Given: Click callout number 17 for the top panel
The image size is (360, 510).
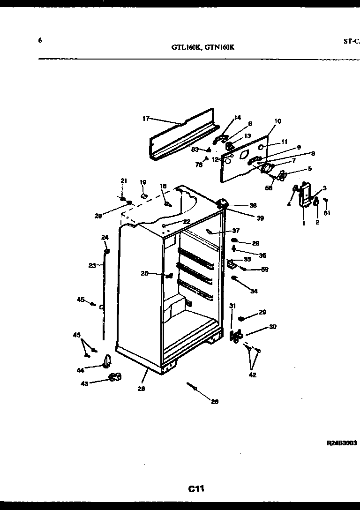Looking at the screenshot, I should pos(146,119).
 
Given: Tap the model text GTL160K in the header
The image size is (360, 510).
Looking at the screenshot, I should pos(185,47).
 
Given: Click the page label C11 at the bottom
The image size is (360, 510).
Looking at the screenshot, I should pos(196,489).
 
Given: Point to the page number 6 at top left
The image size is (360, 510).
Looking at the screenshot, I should pos(40,40).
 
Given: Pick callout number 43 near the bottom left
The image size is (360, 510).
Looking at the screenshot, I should pos(84,383).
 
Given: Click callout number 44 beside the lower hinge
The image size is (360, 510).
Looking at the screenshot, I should pos(81,370).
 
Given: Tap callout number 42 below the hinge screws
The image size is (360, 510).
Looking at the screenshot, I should pos(253,375).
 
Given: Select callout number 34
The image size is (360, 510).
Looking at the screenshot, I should pos(254,291).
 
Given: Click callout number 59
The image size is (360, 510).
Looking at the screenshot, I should pos(265,270).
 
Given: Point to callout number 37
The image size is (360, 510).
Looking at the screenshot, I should pos(235,231).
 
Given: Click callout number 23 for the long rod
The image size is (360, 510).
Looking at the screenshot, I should pos(92,265).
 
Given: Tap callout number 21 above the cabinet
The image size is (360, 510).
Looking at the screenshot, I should pos(124,181).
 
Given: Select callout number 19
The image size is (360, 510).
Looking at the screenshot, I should pos(143,182).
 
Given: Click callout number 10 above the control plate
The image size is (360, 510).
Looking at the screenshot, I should pos(277,121).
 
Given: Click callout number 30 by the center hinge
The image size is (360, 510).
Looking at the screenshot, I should pos(273,327).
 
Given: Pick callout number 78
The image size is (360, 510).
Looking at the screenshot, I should pos(199,165).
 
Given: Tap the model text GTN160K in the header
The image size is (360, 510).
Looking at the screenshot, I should pos(219,47).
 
